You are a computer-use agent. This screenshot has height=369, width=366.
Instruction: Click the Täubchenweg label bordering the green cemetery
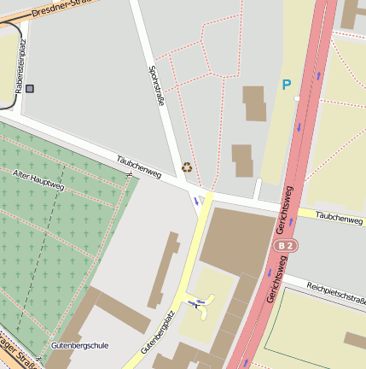tap(138, 166)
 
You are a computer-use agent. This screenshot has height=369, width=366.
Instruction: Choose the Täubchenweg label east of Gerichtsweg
tap(339, 219)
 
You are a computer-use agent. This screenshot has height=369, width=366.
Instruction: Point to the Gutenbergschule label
tap(79, 346)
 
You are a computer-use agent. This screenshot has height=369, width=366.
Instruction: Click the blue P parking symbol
tap(287, 85)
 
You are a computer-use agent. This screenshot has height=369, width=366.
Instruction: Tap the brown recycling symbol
tap(187, 167)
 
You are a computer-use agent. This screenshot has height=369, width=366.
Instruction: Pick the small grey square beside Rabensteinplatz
tap(31, 88)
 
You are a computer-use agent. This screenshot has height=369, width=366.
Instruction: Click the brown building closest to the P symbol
tap(254, 102)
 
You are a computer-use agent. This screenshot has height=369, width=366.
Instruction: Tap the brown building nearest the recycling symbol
tap(242, 160)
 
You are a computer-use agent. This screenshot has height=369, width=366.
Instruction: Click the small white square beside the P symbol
tap(297, 98)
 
